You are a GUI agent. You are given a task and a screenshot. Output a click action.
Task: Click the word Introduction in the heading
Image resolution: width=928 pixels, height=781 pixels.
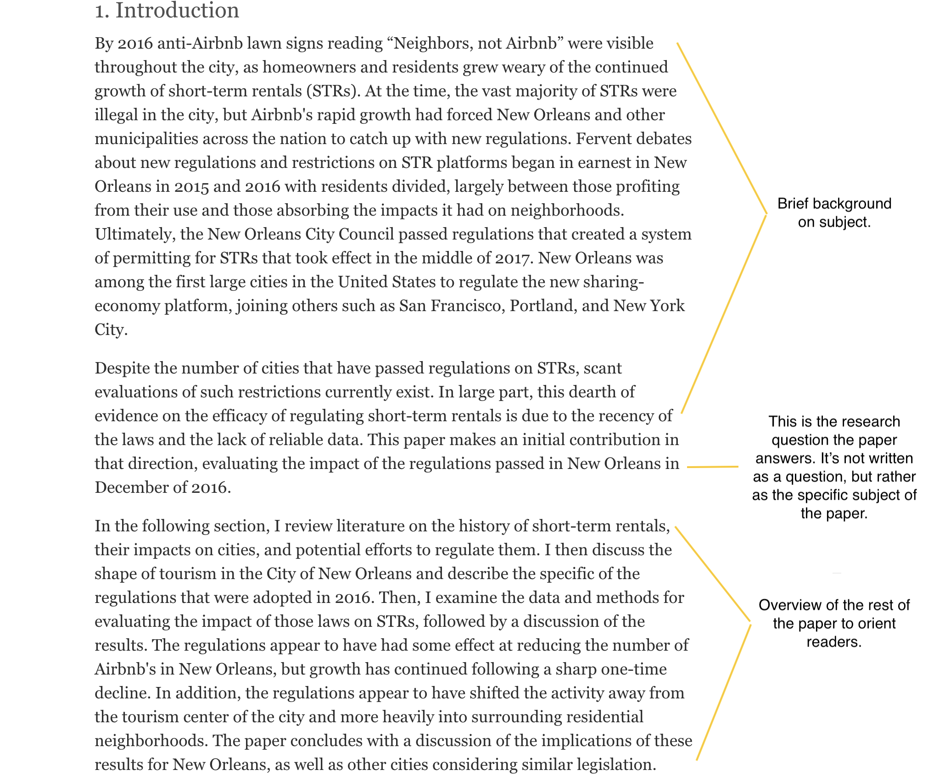pyautogui.click(x=177, y=10)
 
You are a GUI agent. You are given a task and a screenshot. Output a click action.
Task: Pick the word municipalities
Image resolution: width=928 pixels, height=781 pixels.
pyautogui.click(x=146, y=139)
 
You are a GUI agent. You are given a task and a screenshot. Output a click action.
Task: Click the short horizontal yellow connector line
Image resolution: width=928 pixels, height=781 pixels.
pyautogui.click(x=713, y=467)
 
